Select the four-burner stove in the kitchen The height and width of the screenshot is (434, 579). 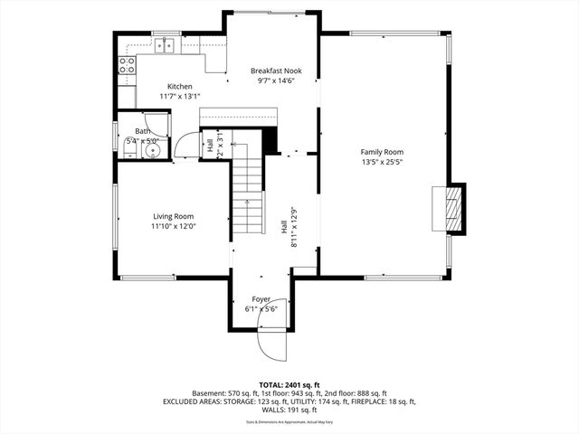coord(127,64)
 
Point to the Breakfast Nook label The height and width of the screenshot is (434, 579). coord(276,71)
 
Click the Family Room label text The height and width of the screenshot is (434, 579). coord(382,152)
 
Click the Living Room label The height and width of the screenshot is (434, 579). coord(173,216)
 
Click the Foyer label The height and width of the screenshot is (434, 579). coord(261,298)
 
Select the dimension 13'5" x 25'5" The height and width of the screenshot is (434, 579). coord(382,163)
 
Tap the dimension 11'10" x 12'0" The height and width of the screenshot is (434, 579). coord(173,227)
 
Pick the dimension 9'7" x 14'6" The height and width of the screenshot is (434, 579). coord(276,81)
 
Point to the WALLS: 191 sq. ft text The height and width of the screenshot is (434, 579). coord(289,409)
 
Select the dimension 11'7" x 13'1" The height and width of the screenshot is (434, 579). coord(180,96)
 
